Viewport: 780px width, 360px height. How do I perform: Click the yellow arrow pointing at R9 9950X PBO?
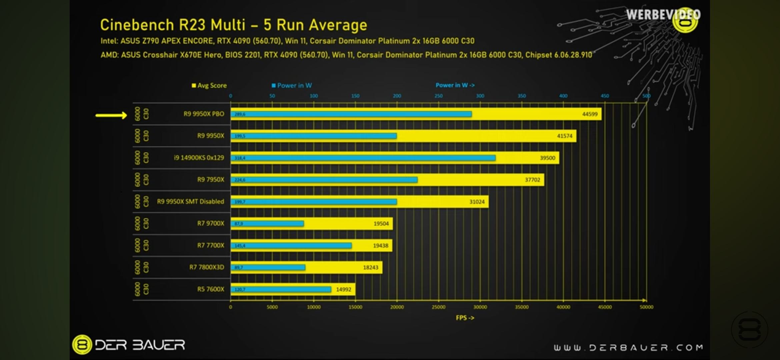(111, 115)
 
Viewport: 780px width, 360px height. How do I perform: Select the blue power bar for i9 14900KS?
(363, 158)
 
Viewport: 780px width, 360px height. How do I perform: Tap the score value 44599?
(590, 114)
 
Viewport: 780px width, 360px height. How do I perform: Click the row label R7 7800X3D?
(207, 267)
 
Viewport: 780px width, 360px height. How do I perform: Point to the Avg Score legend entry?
(209, 85)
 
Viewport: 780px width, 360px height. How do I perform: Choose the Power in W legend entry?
(292, 85)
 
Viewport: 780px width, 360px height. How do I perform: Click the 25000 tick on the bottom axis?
(438, 307)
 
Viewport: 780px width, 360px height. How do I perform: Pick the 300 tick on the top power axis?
(480, 96)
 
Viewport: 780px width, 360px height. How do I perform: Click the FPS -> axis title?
(465, 318)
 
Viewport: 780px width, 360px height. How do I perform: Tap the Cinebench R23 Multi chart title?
(233, 25)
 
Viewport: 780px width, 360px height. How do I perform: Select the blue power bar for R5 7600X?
(281, 289)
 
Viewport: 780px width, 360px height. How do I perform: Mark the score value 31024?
(477, 202)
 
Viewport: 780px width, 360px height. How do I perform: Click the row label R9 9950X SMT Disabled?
(190, 201)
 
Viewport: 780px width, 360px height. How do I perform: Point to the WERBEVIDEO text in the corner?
(663, 15)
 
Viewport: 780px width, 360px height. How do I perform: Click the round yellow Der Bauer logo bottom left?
(82, 344)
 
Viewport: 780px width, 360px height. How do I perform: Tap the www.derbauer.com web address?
(628, 348)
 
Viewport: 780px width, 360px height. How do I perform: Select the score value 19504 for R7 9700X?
(381, 223)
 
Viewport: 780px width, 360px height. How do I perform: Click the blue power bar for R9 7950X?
(324, 180)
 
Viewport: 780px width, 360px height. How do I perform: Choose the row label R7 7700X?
(211, 245)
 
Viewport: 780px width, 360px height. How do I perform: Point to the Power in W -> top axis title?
(455, 85)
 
